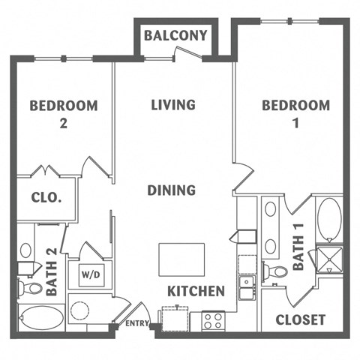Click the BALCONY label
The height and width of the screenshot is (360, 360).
point(175,35)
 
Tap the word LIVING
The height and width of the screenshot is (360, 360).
point(172,104)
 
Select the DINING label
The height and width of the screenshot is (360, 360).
point(172,190)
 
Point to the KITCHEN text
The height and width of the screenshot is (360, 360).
point(196,291)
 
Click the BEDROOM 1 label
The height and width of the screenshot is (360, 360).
point(295,114)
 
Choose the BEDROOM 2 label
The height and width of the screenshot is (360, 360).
point(63,114)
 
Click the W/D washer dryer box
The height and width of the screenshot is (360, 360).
point(88,274)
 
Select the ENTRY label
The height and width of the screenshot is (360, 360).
point(137,323)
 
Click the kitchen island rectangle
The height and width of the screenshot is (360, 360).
point(181,259)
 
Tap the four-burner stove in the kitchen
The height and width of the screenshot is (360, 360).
point(212,321)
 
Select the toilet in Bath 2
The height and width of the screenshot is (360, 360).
point(30,287)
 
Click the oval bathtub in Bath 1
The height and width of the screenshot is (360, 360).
point(329,218)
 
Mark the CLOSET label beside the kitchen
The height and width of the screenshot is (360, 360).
point(300,319)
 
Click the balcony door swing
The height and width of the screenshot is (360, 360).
point(184,53)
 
